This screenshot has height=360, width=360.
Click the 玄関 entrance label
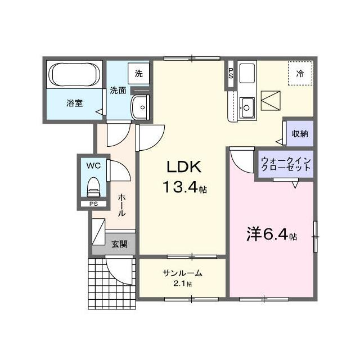(119, 244)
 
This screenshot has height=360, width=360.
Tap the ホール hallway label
(121, 206)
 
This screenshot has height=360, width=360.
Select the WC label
(93, 166)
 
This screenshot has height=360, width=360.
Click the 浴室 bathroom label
(75, 103)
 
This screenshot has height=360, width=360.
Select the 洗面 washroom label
(118, 90)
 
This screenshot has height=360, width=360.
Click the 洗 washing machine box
(138, 73)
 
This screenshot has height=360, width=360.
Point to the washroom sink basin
(139, 105)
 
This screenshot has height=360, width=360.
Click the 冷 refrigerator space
(300, 73)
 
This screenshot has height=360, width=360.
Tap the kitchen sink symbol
(246, 107)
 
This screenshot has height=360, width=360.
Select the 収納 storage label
(299, 134)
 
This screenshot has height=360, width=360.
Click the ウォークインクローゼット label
(285, 164)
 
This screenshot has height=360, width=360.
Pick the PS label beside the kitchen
(231, 73)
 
